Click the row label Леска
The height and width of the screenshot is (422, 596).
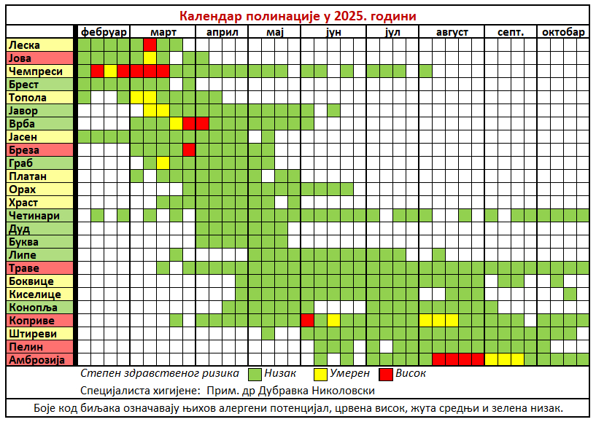pos(25,44)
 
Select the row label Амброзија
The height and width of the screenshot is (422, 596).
pos(36,359)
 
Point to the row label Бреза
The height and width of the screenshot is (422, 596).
pos(25,149)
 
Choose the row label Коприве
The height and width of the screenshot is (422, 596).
pos(31,320)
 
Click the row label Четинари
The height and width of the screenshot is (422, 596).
pos(34,215)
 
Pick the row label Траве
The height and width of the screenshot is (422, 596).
pos(24,267)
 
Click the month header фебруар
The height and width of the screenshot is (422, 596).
pos(104,32)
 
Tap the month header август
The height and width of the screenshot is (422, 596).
pos(452,32)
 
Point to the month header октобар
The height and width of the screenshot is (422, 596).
pos(562,32)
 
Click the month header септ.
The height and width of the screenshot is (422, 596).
pos(510,32)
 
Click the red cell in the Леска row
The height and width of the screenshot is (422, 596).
pos(150,44)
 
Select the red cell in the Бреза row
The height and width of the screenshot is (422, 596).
pos(189,149)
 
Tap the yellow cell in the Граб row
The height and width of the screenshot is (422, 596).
pos(163,163)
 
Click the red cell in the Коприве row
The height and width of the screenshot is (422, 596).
pos(307,320)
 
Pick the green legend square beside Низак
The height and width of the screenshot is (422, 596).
pos(255,374)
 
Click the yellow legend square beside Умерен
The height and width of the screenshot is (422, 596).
pos(320,374)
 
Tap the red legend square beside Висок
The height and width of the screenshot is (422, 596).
pos(386,374)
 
